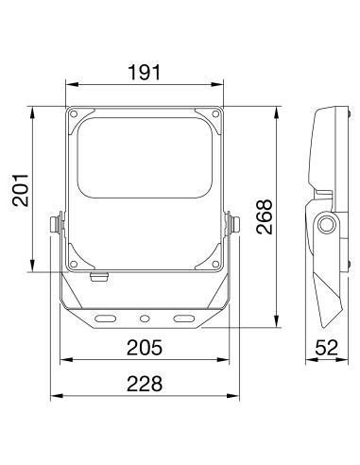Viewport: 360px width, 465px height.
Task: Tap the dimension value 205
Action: click(145, 348)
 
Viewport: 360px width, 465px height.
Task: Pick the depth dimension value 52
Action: click(326, 348)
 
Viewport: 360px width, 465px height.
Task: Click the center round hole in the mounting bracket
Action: click(145, 317)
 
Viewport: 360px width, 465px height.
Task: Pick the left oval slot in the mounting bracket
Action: click(110, 317)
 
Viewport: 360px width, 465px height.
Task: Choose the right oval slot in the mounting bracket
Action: click(180, 317)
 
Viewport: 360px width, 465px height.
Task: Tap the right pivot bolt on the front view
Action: click(233, 225)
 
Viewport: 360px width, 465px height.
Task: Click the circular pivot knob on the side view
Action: click(327, 224)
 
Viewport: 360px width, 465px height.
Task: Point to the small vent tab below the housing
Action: click(98, 277)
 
